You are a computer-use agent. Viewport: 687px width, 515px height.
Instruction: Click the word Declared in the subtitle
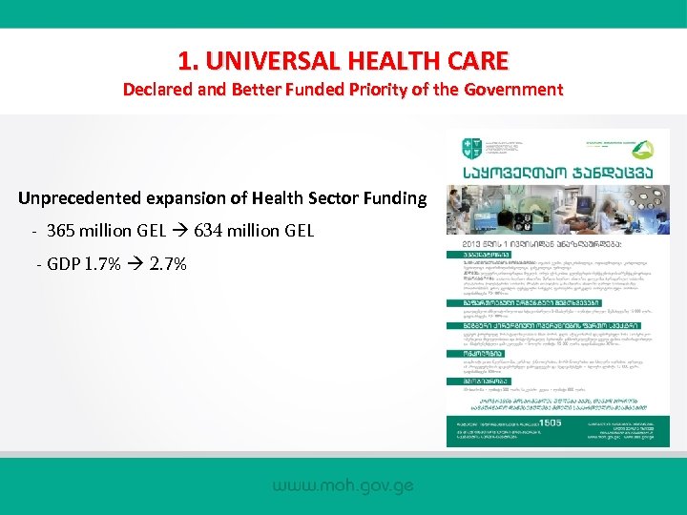pyautogui.click(x=156, y=90)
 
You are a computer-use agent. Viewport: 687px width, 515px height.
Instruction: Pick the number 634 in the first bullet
pyautogui.click(x=210, y=231)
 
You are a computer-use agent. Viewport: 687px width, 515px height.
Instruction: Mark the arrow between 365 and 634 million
pyautogui.click(x=179, y=231)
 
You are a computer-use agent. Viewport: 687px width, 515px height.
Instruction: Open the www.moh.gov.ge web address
pyautogui.click(x=343, y=486)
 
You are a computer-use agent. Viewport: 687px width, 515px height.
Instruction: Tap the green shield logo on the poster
pyautogui.click(x=468, y=148)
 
